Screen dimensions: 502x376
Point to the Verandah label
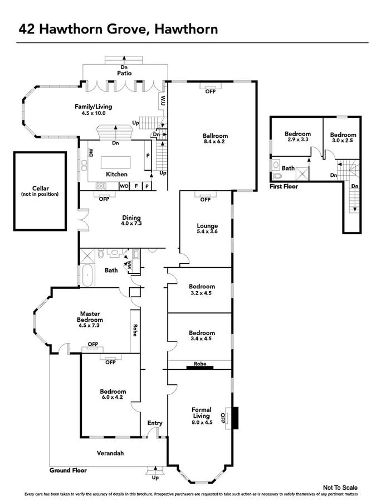110,452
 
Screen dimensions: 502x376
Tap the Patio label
124,73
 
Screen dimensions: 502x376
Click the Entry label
155,423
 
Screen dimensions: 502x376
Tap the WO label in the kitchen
125,186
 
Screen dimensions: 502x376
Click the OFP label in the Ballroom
210,91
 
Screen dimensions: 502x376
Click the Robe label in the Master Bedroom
135,330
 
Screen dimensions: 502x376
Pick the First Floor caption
284,186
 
